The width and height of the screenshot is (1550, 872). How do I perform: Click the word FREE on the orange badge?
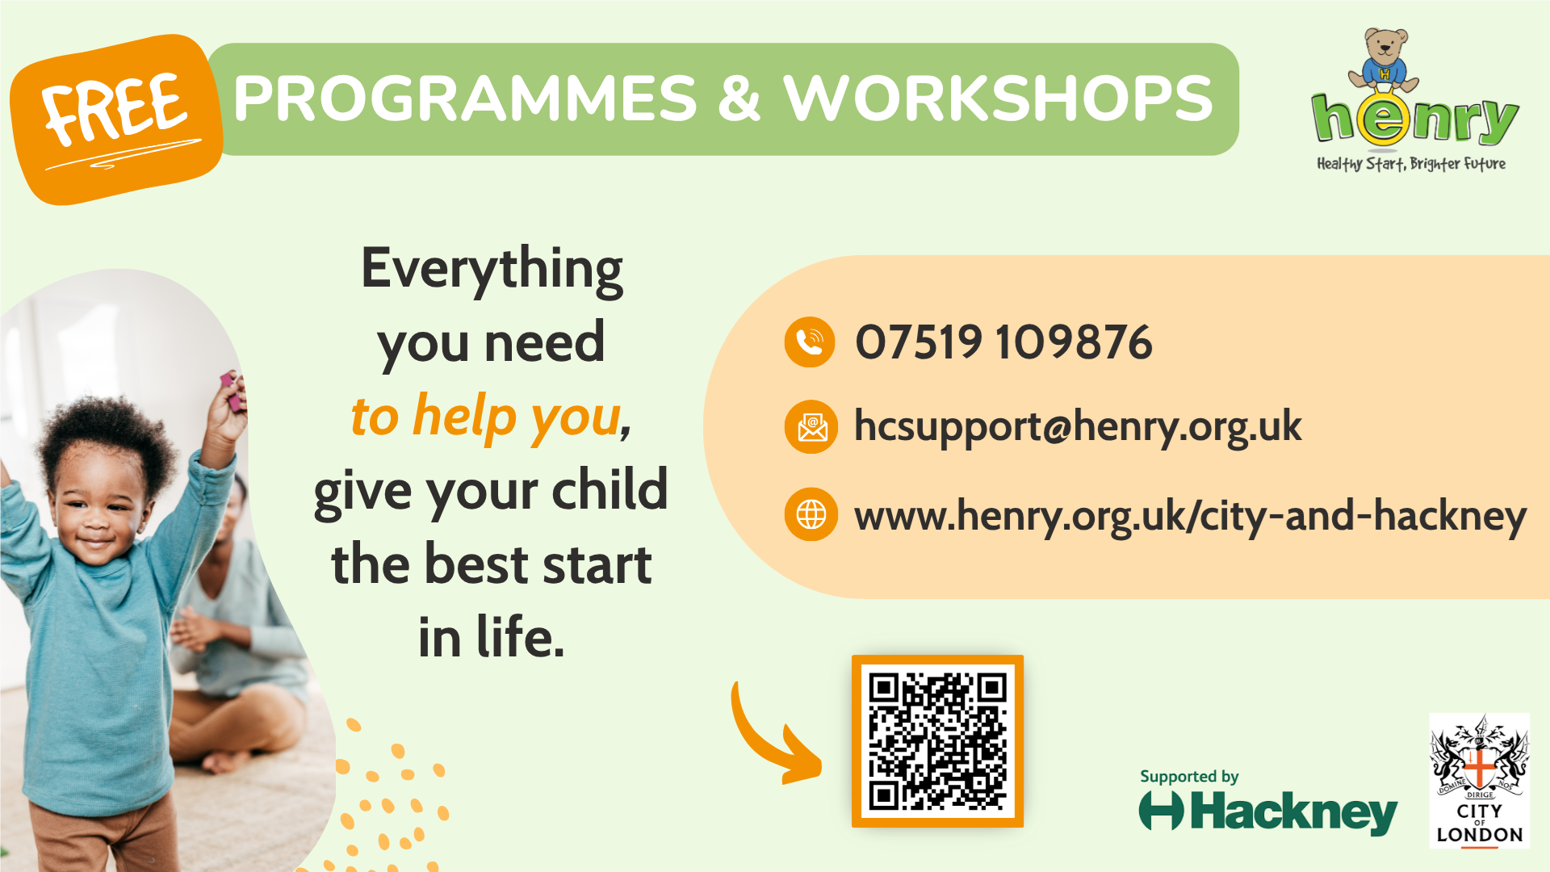click(x=115, y=108)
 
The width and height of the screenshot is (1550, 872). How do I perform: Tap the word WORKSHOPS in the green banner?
click(x=998, y=99)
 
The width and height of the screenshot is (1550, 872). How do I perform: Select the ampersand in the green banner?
click(x=739, y=99)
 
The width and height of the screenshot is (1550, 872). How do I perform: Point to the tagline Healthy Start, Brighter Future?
click(x=1411, y=164)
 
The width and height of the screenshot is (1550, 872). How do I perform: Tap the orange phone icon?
click(x=810, y=342)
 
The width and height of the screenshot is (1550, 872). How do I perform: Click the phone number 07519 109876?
click(x=1003, y=342)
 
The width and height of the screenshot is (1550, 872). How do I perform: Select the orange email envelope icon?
click(x=811, y=427)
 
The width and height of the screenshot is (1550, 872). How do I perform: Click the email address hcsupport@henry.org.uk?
click(x=1078, y=427)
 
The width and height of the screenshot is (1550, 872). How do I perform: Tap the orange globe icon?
click(x=811, y=514)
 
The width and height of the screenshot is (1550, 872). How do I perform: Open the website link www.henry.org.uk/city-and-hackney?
click(x=1190, y=516)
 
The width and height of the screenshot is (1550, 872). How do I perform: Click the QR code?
click(x=937, y=741)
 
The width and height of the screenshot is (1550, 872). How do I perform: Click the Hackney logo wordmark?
click(x=1267, y=812)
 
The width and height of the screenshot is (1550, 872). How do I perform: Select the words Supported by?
click(x=1189, y=777)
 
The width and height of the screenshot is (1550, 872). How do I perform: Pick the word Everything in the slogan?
click(x=492, y=269)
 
